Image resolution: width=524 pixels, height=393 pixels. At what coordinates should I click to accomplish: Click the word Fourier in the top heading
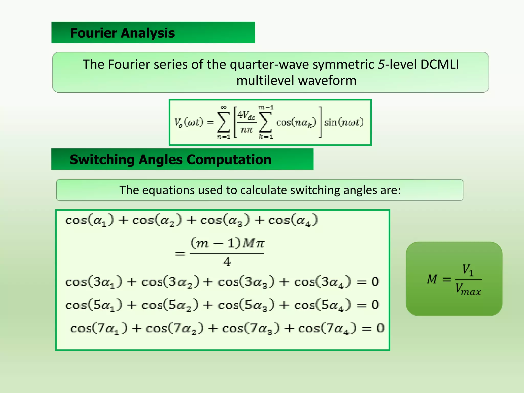click(x=94, y=33)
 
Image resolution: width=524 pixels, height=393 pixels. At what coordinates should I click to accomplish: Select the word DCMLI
click(x=440, y=64)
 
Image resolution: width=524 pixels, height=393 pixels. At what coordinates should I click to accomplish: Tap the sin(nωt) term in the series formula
click(x=344, y=122)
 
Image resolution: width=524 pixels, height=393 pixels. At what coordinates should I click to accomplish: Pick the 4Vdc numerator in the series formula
click(x=246, y=115)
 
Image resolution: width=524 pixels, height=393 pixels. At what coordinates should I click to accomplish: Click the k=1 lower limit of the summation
click(x=266, y=137)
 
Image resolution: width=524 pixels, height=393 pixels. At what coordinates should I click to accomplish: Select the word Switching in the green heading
click(x=102, y=160)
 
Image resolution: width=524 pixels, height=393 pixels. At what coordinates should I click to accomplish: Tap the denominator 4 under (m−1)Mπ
click(x=227, y=262)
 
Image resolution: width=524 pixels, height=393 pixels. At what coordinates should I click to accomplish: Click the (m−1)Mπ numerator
click(x=227, y=243)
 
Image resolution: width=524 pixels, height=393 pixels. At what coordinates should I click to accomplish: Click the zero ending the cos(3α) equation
click(x=375, y=282)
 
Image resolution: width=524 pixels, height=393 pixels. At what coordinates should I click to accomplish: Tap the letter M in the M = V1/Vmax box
click(x=432, y=279)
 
